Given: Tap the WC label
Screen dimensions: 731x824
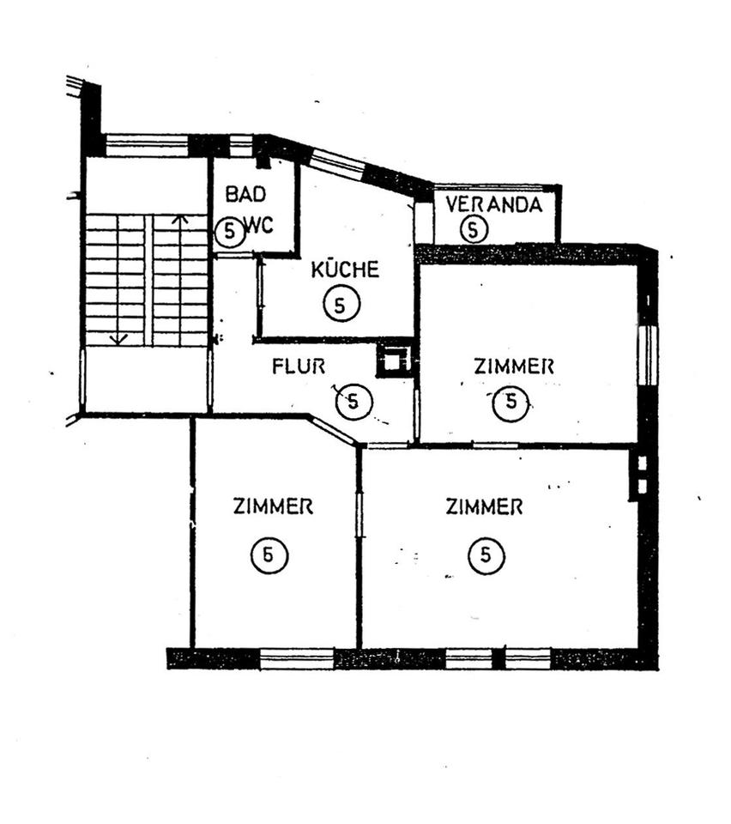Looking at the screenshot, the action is click(x=259, y=226).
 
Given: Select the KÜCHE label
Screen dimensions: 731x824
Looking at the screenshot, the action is click(x=345, y=270).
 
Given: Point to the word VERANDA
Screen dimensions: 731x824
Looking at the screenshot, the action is click(x=494, y=204).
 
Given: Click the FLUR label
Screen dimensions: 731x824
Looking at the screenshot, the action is click(x=299, y=367).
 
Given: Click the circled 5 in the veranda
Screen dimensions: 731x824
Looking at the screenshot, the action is click(x=473, y=229).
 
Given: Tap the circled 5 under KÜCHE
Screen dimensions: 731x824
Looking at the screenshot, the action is click(x=341, y=304).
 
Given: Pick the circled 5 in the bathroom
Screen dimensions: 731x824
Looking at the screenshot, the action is click(x=230, y=231).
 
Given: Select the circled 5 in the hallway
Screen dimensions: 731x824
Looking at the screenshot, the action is click(x=354, y=402).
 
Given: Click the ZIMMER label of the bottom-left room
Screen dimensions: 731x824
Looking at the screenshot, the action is click(x=273, y=506).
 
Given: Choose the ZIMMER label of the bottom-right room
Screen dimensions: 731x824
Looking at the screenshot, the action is click(x=484, y=507).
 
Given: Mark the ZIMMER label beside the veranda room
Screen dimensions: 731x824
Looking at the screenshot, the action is click(x=514, y=366).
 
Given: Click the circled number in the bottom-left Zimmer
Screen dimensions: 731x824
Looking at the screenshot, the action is click(x=269, y=555).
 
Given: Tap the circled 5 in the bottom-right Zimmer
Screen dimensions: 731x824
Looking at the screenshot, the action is click(x=486, y=555).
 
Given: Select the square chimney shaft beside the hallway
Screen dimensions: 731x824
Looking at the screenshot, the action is click(x=392, y=361).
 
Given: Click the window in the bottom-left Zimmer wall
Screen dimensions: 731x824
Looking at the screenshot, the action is click(x=297, y=658).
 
